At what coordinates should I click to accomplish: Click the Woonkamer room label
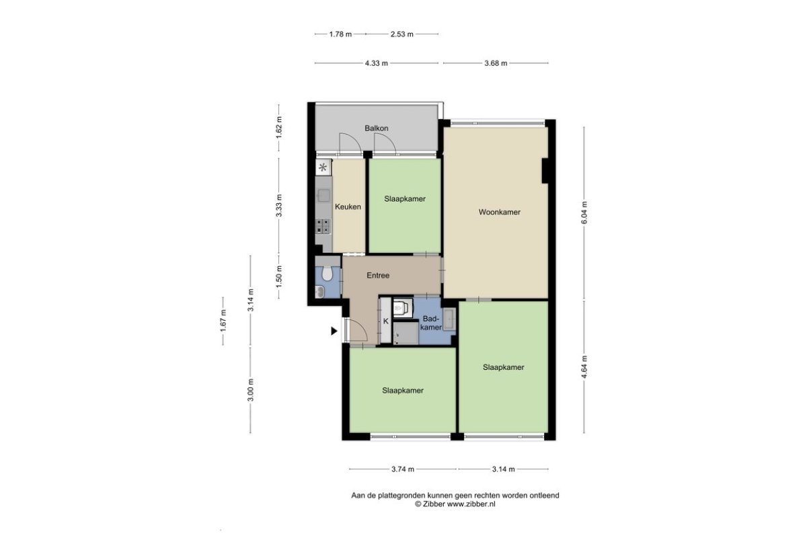click(499, 212)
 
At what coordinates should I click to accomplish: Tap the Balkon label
click(377, 128)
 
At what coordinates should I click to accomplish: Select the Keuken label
click(348, 206)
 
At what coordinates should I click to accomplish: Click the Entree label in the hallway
click(378, 275)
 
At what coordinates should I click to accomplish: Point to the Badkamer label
click(431, 323)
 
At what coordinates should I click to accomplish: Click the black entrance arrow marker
click(334, 331)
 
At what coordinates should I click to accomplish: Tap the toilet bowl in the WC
click(327, 273)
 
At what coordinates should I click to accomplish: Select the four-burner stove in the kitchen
click(323, 226)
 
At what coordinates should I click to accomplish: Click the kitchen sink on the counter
click(323, 195)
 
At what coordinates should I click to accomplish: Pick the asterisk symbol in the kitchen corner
click(323, 167)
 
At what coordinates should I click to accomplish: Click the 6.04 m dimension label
click(584, 213)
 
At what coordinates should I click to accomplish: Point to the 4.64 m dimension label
click(584, 367)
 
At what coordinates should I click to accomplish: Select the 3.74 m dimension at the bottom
click(403, 469)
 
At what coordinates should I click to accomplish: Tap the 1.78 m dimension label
click(340, 34)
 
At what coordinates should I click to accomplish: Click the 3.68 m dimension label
click(496, 63)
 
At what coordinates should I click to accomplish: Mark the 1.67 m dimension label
click(223, 321)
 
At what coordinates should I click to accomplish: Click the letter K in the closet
click(386, 321)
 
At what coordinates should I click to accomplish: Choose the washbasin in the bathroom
click(449, 319)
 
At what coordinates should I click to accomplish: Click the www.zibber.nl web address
click(471, 504)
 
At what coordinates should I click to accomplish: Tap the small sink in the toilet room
click(319, 292)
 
